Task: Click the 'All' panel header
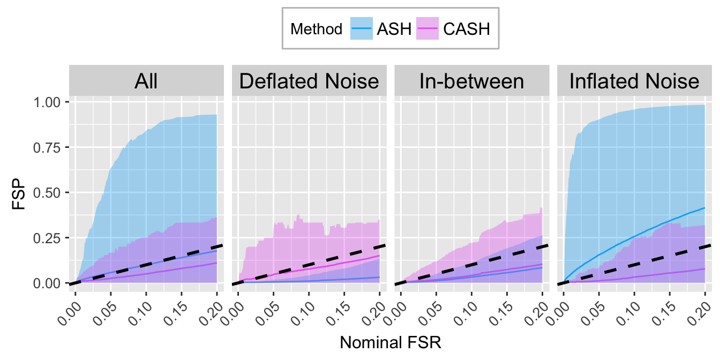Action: click(146, 81)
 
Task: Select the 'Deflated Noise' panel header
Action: click(309, 81)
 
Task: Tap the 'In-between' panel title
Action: click(471, 81)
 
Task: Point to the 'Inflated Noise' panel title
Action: click(634, 81)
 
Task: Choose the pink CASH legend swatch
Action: click(427, 28)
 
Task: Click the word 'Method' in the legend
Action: click(316, 29)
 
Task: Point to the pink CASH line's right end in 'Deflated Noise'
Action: click(379, 256)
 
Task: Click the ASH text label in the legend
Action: click(394, 29)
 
